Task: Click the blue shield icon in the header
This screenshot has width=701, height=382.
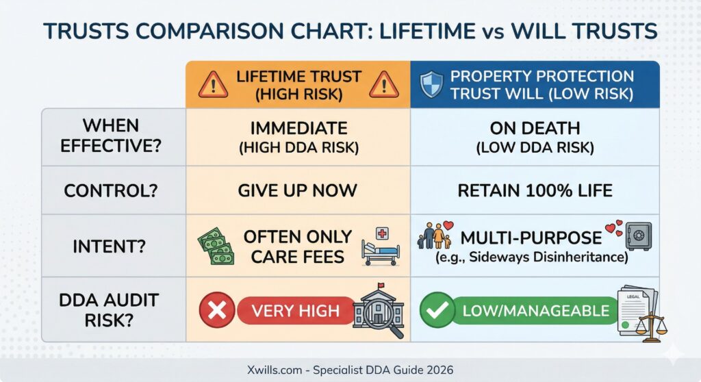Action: (431, 84)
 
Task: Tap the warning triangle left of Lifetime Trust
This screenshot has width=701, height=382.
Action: (214, 84)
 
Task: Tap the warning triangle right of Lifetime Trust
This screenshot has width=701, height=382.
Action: (384, 84)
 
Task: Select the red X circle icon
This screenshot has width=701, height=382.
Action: (217, 310)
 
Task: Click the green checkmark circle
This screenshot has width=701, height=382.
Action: (437, 310)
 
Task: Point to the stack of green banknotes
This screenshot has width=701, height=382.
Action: (216, 246)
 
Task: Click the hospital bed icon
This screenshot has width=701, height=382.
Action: (381, 247)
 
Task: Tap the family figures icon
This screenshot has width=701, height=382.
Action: (435, 235)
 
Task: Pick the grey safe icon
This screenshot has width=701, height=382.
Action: (639, 235)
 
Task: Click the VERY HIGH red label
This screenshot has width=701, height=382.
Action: (296, 310)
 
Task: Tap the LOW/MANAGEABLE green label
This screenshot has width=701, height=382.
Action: (535, 310)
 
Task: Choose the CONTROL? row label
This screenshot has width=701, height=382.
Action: (111, 191)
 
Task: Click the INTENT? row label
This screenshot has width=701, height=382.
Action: (110, 246)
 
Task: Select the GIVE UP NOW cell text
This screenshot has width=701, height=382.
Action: (297, 190)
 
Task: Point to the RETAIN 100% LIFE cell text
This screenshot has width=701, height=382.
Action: (535, 191)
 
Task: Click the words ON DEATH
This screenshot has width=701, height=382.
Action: (535, 129)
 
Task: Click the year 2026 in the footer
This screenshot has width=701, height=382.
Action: (439, 370)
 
